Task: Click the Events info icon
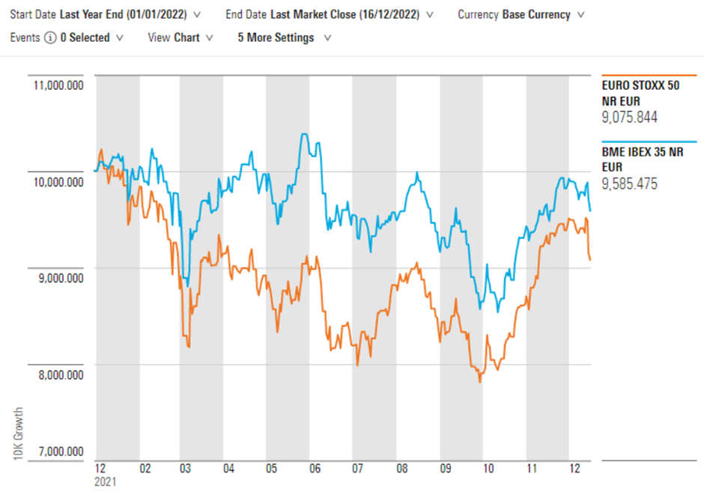(50, 37)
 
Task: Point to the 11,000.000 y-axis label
(58, 85)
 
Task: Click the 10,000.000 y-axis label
(58, 182)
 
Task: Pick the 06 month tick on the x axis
(315, 468)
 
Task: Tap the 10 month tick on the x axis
(488, 468)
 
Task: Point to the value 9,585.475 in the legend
(630, 183)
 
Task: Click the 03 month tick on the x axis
(186, 468)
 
